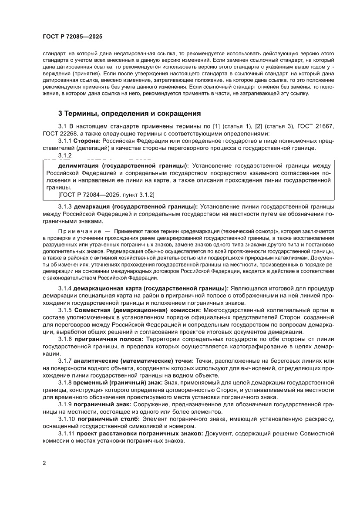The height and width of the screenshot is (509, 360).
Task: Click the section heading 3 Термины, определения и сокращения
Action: (129, 114)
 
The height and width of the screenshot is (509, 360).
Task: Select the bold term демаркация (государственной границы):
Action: (136, 206)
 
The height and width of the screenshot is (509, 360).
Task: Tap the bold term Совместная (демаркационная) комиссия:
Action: (138, 310)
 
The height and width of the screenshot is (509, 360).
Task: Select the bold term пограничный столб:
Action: (109, 419)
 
